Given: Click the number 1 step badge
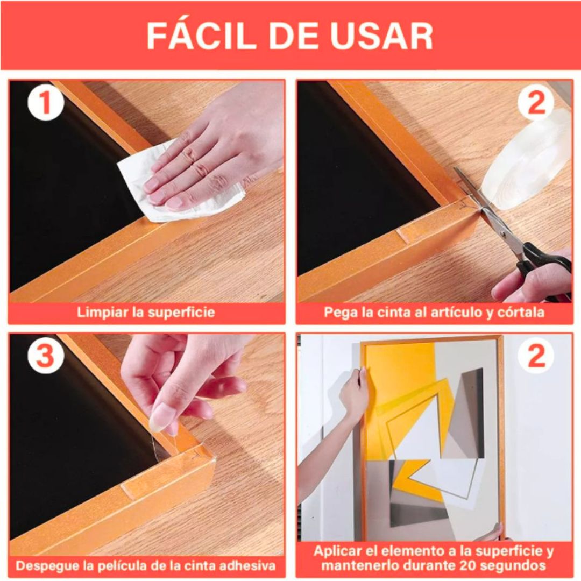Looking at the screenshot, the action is tap(46, 102).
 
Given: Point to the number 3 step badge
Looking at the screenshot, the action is tap(46, 355).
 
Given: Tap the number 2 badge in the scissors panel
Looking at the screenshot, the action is tap(536, 102).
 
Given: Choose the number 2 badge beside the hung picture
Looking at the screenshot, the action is tap(536, 355).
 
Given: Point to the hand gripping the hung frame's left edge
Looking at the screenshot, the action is tap(355, 393).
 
